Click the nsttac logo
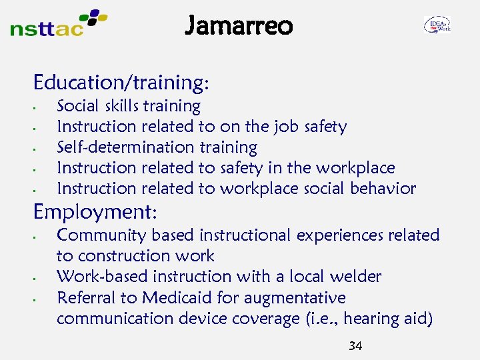tap(59, 23)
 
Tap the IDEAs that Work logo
tap(437, 25)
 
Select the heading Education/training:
tap(121, 83)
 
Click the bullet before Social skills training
tap(41, 107)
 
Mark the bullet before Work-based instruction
tap(41, 277)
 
